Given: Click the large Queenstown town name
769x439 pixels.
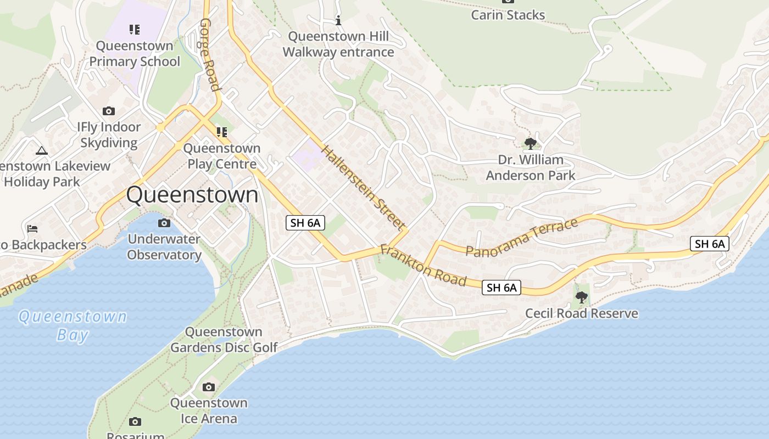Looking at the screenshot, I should tap(192, 195).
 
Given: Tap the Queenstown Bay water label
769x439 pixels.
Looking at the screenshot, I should tap(73, 325).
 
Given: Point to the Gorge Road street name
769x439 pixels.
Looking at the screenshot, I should tap(209, 54).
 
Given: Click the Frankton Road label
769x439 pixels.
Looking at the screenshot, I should tap(423, 266).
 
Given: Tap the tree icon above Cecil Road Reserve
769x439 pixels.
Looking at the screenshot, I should tap(581, 297).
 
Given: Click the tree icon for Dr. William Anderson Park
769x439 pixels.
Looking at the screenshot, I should tap(530, 144).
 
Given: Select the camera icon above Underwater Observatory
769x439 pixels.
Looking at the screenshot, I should tap(164, 223).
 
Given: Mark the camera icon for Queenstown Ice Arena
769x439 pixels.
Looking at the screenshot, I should tap(208, 387).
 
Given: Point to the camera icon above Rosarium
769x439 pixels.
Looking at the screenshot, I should tap(135, 421).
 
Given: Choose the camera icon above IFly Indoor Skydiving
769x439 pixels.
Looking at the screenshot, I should tap(109, 111).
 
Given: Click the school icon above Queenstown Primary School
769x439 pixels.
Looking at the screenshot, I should tap(135, 29).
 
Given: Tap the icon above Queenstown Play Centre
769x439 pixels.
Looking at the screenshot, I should tap(222, 132).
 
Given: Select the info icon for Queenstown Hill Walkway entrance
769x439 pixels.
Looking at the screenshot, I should tap(338, 21).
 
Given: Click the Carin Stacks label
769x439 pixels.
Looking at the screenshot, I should tap(508, 15).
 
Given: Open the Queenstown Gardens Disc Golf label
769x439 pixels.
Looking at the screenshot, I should tap(224, 340).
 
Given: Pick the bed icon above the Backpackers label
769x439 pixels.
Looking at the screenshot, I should tap(32, 228).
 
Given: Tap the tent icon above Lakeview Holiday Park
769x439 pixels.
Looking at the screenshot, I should tap(41, 150).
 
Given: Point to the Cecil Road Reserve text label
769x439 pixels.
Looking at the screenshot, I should tap(582, 313).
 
